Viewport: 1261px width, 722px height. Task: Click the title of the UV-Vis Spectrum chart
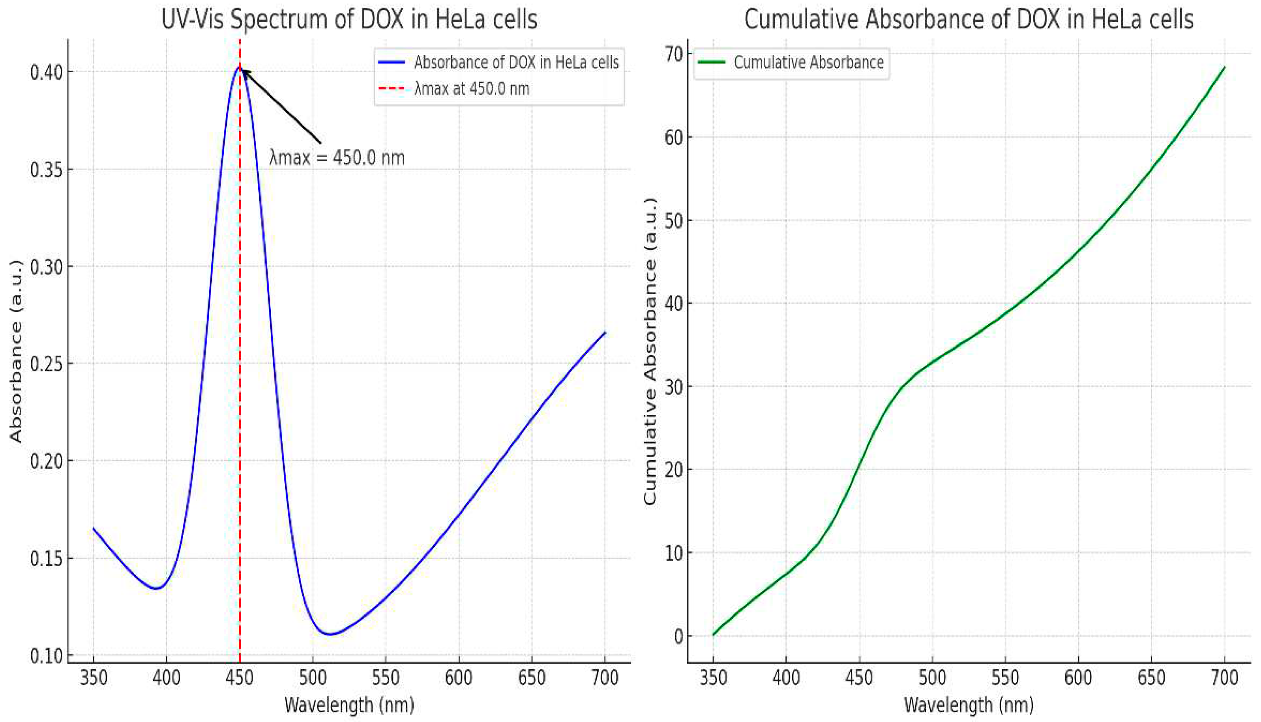(x=349, y=20)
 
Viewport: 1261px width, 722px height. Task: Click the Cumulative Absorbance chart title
(x=968, y=20)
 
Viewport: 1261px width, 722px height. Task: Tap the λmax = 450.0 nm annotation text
(x=337, y=158)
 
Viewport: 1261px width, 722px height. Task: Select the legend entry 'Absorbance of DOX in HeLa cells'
(x=516, y=62)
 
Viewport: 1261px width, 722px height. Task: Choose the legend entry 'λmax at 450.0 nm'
(x=472, y=89)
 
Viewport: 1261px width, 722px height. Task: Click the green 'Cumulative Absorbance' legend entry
(x=808, y=62)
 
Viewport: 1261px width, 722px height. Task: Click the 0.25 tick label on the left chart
(x=46, y=364)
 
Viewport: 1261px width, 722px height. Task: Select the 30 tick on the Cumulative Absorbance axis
(x=674, y=387)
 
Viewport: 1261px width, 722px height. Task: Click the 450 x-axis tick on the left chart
(x=239, y=677)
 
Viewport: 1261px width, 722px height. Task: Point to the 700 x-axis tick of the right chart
(x=1224, y=677)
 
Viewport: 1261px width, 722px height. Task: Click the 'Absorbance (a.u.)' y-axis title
(x=16, y=351)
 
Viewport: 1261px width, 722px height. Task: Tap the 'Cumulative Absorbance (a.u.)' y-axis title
(x=650, y=351)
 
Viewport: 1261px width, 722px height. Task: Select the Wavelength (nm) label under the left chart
(x=349, y=705)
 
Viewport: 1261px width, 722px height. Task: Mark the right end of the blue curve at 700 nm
(x=605, y=332)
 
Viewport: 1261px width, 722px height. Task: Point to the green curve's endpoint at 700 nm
(x=1224, y=67)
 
